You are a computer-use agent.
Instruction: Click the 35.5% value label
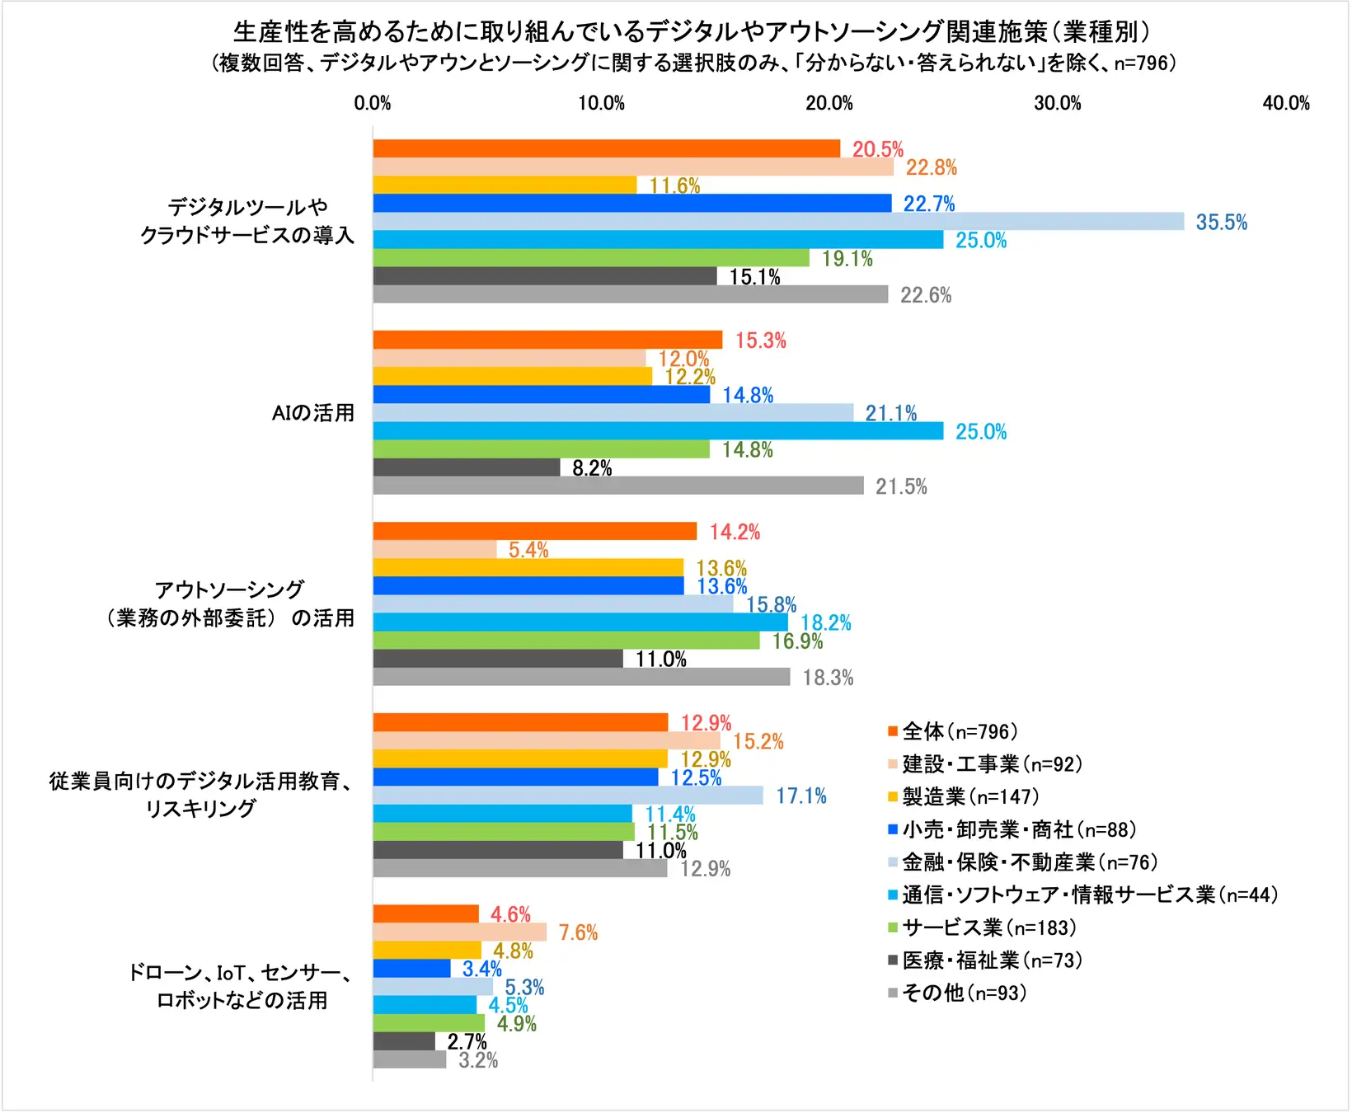(x=1221, y=222)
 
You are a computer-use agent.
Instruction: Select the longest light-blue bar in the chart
(x=777, y=221)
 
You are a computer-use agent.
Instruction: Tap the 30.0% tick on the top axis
(x=1057, y=103)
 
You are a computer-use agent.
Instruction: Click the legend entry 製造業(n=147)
(x=970, y=796)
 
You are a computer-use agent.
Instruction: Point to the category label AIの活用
(x=313, y=412)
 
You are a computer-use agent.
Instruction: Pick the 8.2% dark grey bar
(x=467, y=467)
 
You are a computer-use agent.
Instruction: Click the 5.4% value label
(x=528, y=550)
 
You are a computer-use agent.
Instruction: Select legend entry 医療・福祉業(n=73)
(x=992, y=960)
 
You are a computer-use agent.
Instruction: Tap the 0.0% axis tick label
(x=373, y=103)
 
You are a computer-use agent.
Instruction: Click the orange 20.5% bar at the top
(x=606, y=148)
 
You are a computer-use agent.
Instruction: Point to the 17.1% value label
(x=800, y=796)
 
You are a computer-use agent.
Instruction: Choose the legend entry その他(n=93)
(x=964, y=993)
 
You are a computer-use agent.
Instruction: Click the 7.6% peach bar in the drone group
(x=459, y=932)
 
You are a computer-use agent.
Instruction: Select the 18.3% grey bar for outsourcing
(x=581, y=677)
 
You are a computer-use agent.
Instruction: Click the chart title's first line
(x=691, y=31)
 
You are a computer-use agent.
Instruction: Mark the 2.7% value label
(x=467, y=1041)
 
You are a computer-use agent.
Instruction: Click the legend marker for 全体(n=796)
(x=892, y=731)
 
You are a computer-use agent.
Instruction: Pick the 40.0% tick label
(x=1285, y=103)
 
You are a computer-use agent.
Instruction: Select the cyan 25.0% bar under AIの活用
(x=658, y=430)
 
